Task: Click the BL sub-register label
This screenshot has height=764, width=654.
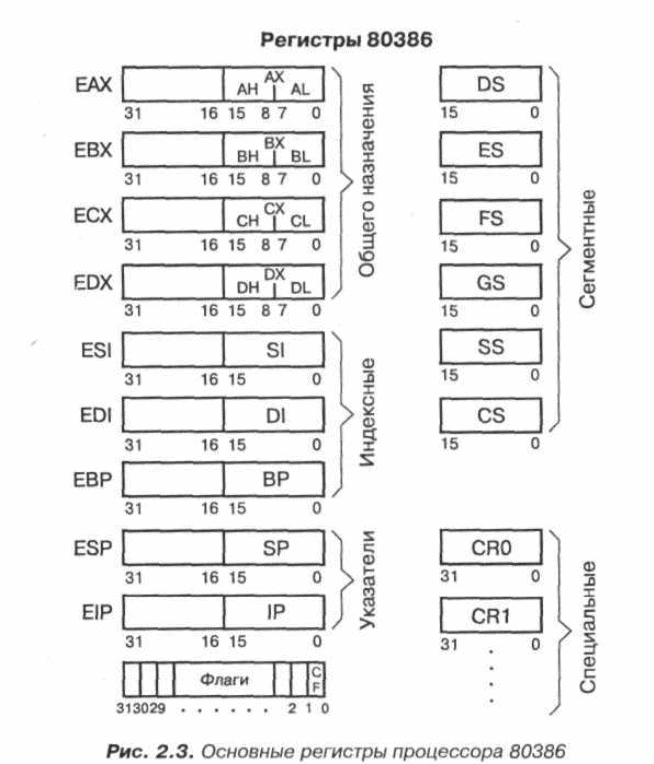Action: (300, 157)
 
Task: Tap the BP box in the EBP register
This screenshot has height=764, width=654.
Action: (275, 479)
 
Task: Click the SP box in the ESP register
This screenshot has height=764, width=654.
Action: (275, 549)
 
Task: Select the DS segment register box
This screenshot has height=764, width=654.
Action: (491, 86)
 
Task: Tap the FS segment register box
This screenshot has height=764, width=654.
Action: (491, 219)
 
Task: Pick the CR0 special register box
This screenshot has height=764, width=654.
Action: (491, 548)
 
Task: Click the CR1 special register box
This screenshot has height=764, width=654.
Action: (491, 613)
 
